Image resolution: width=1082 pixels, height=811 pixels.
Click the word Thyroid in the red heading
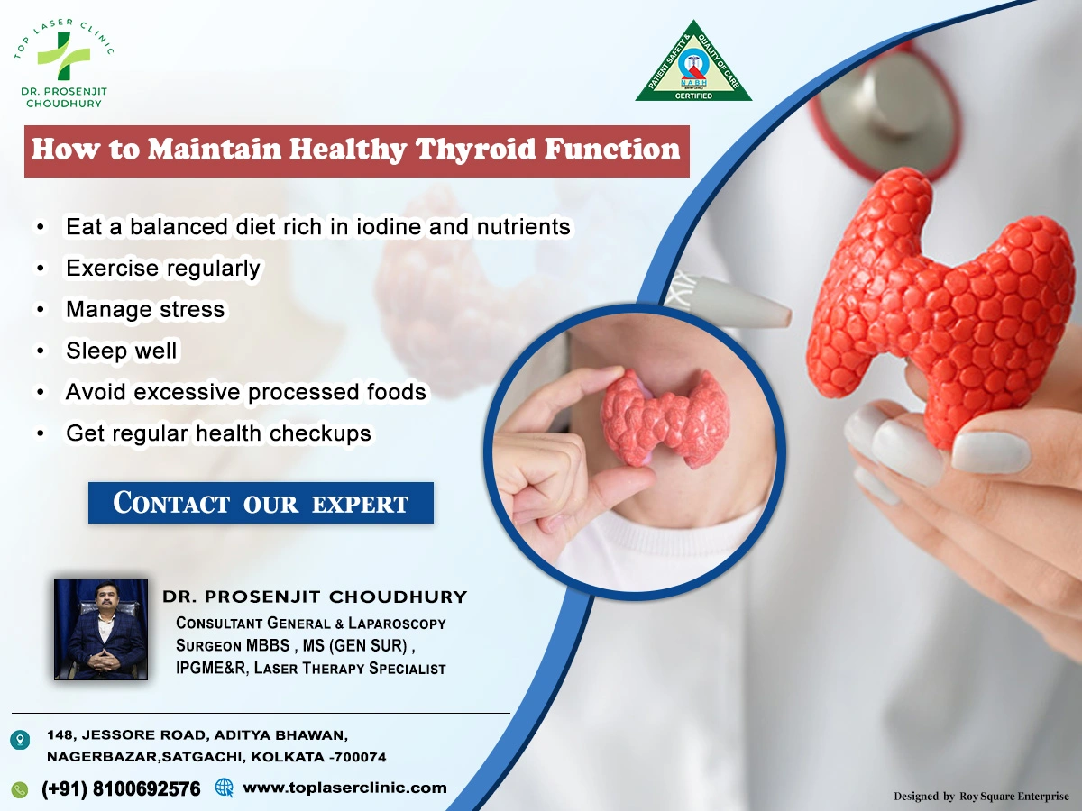[x=471, y=150]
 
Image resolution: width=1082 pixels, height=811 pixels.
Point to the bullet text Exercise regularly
[x=163, y=268]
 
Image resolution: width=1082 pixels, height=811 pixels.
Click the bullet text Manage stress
[x=145, y=309]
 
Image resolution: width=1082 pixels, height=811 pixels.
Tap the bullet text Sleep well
[x=122, y=351]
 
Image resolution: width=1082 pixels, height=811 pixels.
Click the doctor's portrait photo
[x=101, y=629]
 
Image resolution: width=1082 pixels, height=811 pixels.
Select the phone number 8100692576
[x=145, y=789]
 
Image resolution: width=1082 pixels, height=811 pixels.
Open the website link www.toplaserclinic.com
[x=344, y=788]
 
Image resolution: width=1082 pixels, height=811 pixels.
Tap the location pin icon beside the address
[x=20, y=740]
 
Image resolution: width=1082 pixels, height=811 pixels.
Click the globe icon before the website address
[x=225, y=788]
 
